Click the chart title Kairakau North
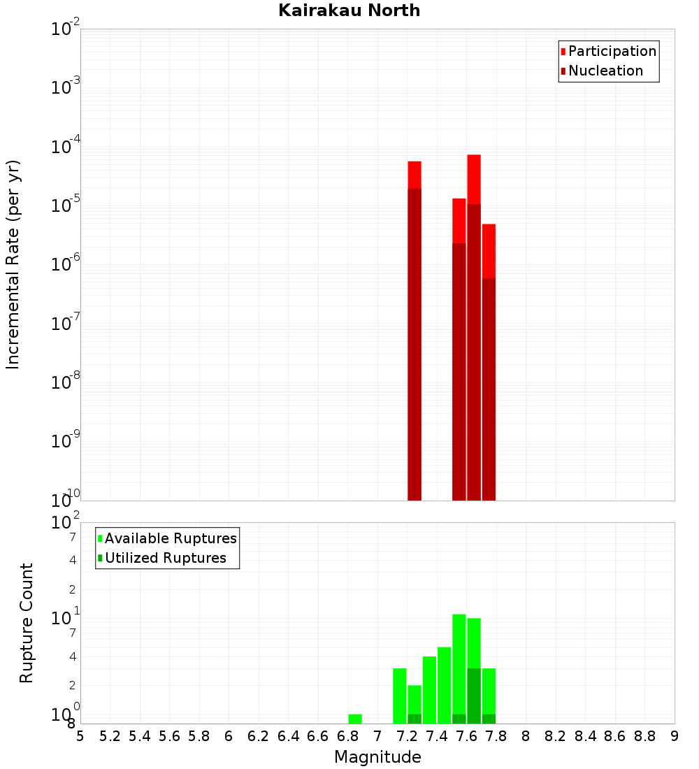coord(349,10)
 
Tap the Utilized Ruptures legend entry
coord(165,558)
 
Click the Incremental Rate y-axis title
coord(13,264)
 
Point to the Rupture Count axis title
coord(27,623)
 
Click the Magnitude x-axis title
coord(377,757)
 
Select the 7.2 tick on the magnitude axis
coord(407,736)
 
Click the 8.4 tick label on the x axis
coord(586,736)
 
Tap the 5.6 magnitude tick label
coord(169,736)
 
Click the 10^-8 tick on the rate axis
coord(66,383)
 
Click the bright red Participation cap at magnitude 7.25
coord(415,175)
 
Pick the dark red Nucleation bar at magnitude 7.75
coord(489,389)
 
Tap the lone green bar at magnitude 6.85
coord(355,719)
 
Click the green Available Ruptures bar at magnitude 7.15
coord(400,696)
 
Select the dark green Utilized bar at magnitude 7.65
coord(474,696)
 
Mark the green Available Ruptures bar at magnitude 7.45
coord(444,685)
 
